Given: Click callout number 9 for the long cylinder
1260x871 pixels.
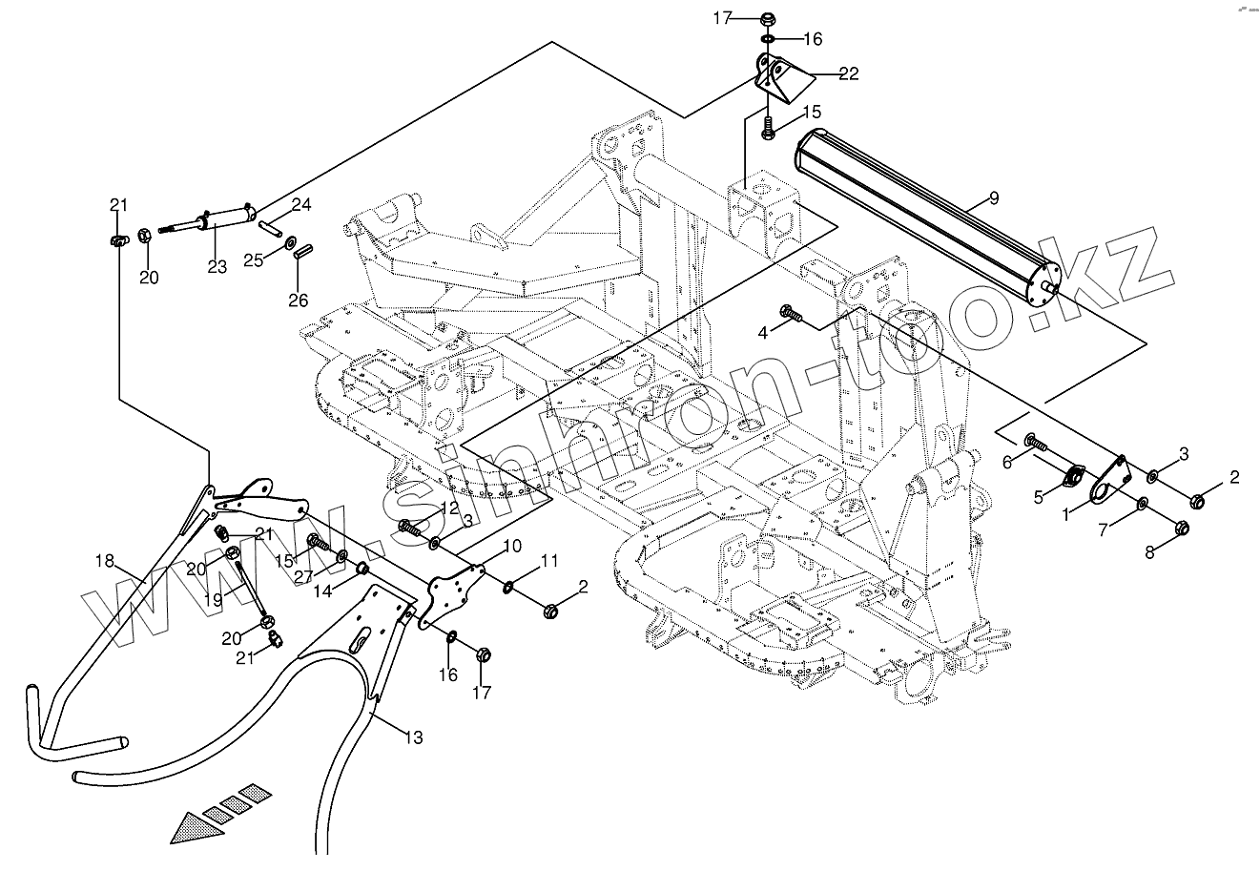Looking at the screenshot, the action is (x=994, y=198).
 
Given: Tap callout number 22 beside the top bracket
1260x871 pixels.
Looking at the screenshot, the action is (x=849, y=73).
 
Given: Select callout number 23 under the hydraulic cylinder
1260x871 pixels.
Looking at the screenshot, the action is (x=217, y=267).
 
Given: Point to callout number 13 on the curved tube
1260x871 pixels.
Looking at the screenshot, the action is (x=414, y=737).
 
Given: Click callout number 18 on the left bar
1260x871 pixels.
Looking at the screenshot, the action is (x=105, y=561).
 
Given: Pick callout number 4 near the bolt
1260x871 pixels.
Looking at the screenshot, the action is (x=763, y=333).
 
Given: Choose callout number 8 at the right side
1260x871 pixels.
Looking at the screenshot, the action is (x=1149, y=552).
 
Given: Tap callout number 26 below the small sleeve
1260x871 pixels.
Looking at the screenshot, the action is (x=299, y=301).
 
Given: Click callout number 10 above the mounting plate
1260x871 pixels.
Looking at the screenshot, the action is (x=512, y=546).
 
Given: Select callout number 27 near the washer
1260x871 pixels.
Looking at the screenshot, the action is (x=303, y=577).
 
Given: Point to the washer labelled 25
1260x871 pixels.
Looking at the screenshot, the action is (x=291, y=243).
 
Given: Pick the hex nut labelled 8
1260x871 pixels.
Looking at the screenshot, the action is (x=1181, y=528).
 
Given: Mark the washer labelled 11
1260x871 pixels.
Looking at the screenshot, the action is (x=508, y=588).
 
